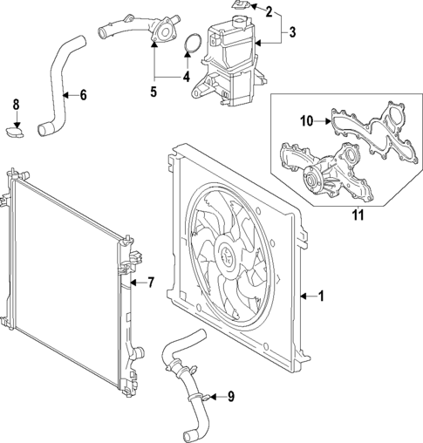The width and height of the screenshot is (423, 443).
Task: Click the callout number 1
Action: click(321, 296)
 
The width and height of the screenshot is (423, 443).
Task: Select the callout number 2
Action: click(269, 11)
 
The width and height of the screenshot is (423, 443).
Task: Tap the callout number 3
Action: click(293, 33)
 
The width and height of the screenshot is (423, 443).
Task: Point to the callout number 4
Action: click(186, 76)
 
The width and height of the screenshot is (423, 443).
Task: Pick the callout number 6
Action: click(82, 94)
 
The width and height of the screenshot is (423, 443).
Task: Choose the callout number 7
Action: click(150, 282)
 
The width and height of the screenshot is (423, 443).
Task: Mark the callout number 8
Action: click(15, 106)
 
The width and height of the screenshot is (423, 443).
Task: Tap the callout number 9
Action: click(230, 397)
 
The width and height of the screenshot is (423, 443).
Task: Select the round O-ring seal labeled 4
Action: click(197, 44)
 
